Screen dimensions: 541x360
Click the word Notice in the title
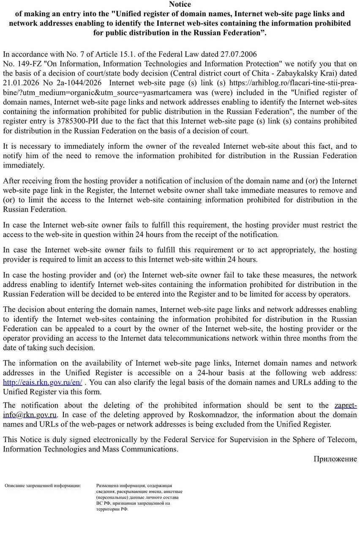pos(180,4)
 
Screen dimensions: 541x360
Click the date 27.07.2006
pos(239,54)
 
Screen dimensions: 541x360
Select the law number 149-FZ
pos(29,64)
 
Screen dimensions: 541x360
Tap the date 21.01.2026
pos(21,83)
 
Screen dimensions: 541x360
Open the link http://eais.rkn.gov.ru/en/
pos(43,383)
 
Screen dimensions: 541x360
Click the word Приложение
pos(335,459)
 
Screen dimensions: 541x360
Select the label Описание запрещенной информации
pos(43,486)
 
